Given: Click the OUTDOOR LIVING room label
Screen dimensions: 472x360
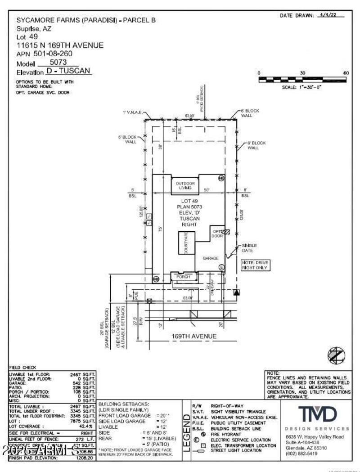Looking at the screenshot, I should [185, 185].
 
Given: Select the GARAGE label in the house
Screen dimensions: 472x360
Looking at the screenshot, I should [211, 258].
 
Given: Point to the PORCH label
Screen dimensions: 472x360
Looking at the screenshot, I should [183, 277].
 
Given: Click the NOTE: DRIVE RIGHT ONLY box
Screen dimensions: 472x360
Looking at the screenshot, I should [255, 265].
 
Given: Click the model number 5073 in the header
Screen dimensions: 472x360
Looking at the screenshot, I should [58, 63].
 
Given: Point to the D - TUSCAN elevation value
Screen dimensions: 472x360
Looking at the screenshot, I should [69, 71].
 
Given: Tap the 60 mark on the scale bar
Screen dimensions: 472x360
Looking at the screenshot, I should [346, 73].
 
